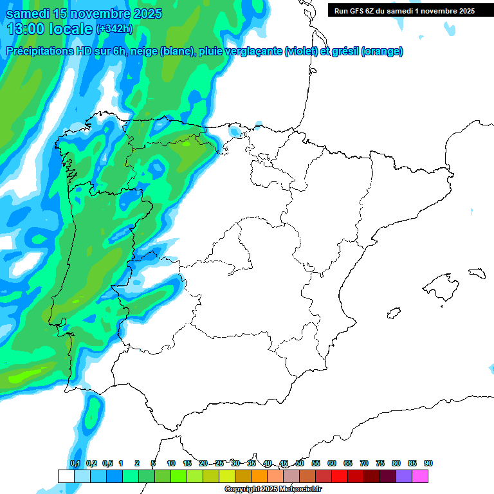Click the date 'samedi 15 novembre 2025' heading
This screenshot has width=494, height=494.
(x=84, y=14)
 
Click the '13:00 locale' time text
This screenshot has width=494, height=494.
(x=50, y=28)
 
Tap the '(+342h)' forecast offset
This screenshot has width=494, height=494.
(x=114, y=29)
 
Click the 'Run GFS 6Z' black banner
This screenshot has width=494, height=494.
(x=404, y=10)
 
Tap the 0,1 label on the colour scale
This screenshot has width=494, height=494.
(x=75, y=463)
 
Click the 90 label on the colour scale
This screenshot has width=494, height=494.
(x=428, y=463)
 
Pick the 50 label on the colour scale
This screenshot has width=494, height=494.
(x=300, y=463)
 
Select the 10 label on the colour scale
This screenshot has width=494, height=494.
(x=171, y=463)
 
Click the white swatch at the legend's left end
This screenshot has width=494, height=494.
(x=66, y=476)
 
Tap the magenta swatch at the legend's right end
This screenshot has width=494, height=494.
(x=420, y=476)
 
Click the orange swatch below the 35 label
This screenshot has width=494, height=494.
(x=259, y=476)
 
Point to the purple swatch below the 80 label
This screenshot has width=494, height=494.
(x=404, y=476)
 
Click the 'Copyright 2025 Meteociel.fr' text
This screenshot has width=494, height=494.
(x=272, y=489)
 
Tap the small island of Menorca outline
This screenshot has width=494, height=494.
(x=477, y=272)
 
